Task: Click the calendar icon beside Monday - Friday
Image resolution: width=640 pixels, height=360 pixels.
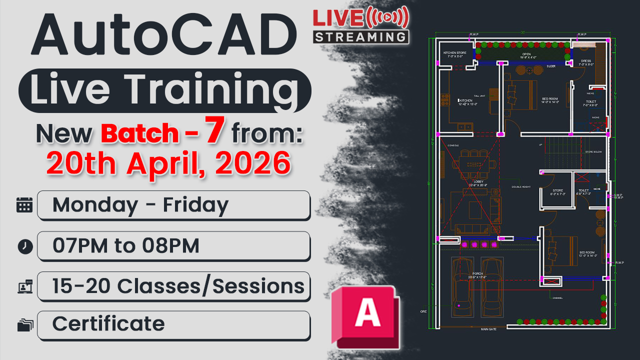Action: tap(24, 205)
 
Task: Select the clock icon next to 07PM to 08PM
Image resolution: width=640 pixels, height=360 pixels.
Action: tap(24, 246)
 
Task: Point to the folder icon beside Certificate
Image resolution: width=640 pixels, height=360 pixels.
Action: tap(24, 325)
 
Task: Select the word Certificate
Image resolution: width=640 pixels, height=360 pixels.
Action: tap(108, 324)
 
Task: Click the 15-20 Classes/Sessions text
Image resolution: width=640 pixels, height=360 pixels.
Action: tap(178, 286)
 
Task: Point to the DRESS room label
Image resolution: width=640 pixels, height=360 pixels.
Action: tap(585, 61)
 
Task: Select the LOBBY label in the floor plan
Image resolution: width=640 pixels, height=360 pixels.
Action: tap(471, 182)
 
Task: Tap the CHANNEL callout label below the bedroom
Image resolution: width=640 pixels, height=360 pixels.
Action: tap(557, 298)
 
